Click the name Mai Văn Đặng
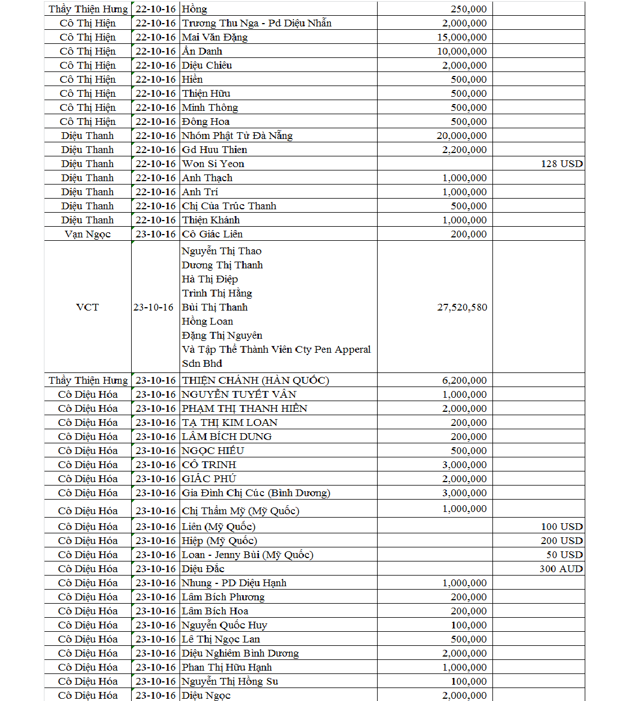pyautogui.click(x=214, y=37)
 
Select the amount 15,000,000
pyautogui.click(x=461, y=37)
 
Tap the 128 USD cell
pyautogui.click(x=561, y=164)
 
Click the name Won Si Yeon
pyautogui.click(x=213, y=164)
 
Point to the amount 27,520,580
pyautogui.click(x=461, y=307)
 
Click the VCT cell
pyautogui.click(x=87, y=307)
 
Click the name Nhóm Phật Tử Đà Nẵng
pyautogui.click(x=237, y=136)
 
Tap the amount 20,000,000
pyautogui.click(x=461, y=136)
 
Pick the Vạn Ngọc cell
pyautogui.click(x=87, y=234)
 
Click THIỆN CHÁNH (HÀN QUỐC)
pyautogui.click(x=255, y=380)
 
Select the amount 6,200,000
pyautogui.click(x=464, y=380)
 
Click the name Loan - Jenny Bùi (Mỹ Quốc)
pyautogui.click(x=247, y=555)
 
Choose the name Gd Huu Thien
pyautogui.click(x=214, y=150)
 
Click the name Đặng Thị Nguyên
pyautogui.click(x=222, y=335)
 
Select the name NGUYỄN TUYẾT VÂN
pyautogui.click(x=239, y=394)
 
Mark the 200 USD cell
pyautogui.click(x=561, y=541)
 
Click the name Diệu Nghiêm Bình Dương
pyautogui.click(x=240, y=653)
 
